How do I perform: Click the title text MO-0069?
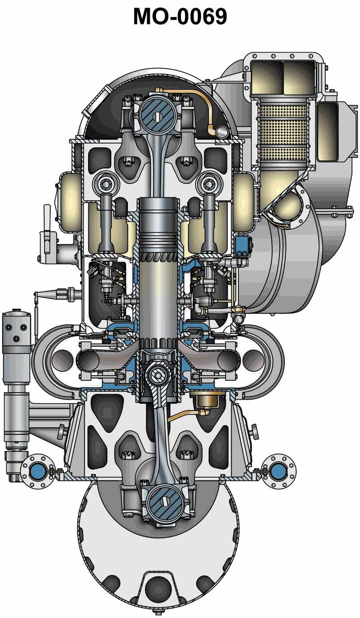[x=180, y=17]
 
